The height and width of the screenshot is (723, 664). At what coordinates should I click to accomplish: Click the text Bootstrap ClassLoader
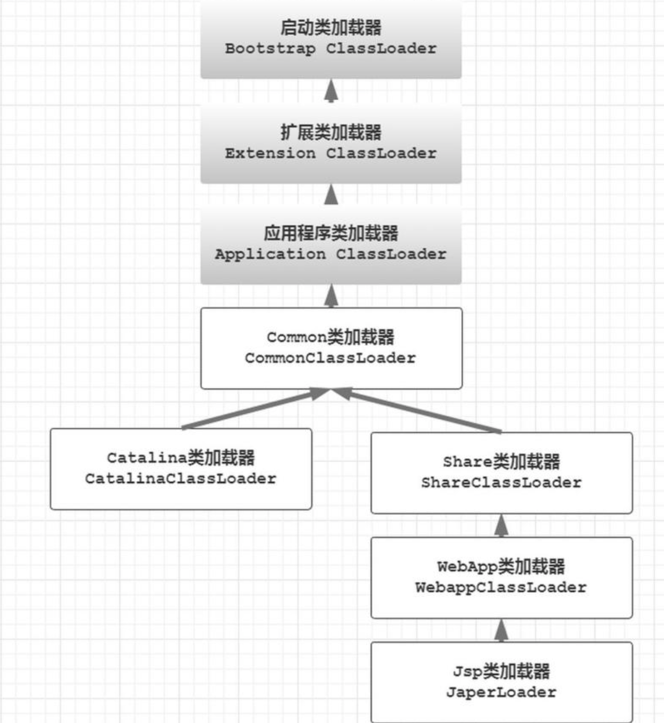click(x=330, y=49)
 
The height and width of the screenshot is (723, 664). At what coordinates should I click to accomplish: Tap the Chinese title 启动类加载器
click(x=330, y=27)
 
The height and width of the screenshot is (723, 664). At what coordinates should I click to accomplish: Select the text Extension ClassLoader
click(x=330, y=154)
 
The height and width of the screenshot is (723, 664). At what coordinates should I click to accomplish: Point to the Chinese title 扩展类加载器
click(x=330, y=132)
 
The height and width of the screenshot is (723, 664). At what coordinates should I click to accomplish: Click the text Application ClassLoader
click(x=330, y=254)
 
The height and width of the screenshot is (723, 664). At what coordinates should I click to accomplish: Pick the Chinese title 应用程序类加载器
click(x=330, y=233)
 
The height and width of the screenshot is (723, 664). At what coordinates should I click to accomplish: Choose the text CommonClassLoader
click(x=330, y=358)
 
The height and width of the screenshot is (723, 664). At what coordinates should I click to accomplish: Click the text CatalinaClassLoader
click(x=181, y=479)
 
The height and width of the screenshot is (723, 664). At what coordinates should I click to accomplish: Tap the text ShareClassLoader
click(x=501, y=483)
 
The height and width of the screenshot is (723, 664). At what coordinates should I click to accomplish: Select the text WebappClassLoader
click(x=501, y=588)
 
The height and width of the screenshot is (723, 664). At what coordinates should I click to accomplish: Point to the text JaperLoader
click(x=501, y=692)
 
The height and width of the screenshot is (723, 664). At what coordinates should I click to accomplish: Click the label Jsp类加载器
click(x=501, y=671)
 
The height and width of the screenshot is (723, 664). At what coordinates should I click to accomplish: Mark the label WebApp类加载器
click(x=501, y=566)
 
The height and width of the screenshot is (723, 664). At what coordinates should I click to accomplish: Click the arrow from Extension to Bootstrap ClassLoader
click(x=331, y=91)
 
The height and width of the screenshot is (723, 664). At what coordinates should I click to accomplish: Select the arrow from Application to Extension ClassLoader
click(x=331, y=195)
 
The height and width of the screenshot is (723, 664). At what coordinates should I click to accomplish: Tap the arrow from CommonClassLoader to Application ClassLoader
click(x=331, y=296)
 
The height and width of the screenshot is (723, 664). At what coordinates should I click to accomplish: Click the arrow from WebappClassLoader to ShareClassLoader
click(x=501, y=526)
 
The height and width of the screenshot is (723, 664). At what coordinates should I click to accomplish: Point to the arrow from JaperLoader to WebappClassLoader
click(x=501, y=630)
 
